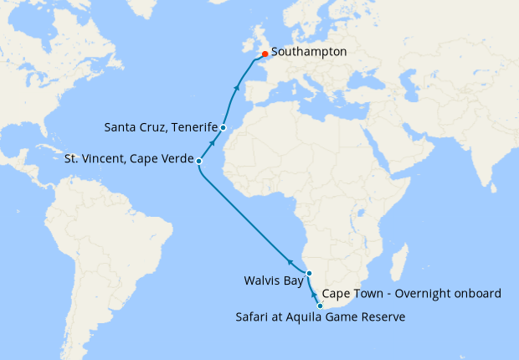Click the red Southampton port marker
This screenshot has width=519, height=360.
click(265, 59)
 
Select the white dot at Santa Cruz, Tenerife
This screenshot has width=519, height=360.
click(224, 127)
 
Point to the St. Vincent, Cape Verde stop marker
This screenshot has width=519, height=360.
click(198, 160)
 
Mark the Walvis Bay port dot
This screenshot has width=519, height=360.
click(309, 274)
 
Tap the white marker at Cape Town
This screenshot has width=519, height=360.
click(320, 306)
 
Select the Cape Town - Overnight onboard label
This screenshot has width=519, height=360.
click(411, 294)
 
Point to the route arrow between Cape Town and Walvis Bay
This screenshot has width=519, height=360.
click(314, 295)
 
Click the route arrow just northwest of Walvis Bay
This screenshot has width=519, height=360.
click(291, 260)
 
